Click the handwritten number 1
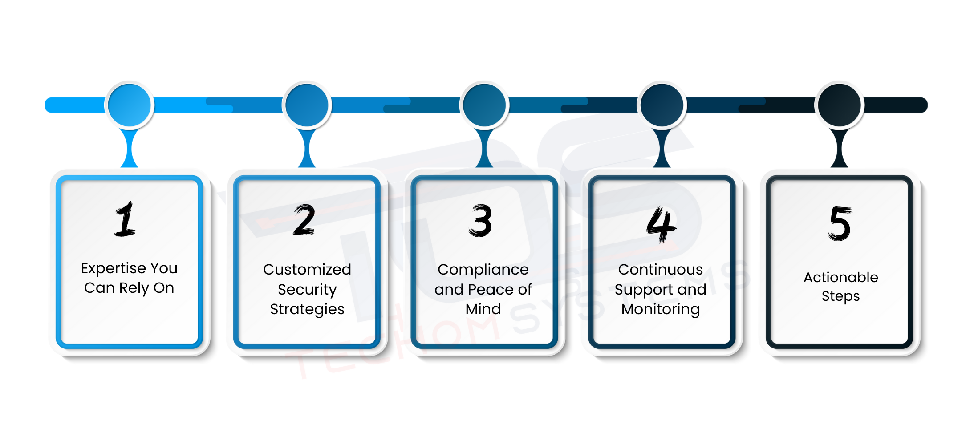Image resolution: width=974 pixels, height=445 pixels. (125, 219)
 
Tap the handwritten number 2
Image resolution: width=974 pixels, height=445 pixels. (304, 220)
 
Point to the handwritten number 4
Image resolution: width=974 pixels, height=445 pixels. (661, 225)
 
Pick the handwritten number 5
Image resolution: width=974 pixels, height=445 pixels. (840, 223)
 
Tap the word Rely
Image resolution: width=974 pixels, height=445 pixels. (134, 288)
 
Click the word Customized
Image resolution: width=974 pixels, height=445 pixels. (307, 269)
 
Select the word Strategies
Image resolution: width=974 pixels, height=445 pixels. (307, 309)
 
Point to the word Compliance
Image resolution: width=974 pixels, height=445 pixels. (483, 269)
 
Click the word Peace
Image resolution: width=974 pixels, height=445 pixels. (491, 289)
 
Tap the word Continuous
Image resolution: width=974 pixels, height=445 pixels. (661, 269)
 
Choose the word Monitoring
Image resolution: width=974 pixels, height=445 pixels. (661, 309)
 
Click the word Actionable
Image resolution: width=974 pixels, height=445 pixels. (840, 277)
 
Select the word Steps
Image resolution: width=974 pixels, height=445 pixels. (840, 296)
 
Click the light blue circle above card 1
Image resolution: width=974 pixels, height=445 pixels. (130, 105)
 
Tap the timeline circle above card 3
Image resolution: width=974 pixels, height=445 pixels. (484, 105)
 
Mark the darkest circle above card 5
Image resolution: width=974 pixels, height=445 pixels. (840, 105)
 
